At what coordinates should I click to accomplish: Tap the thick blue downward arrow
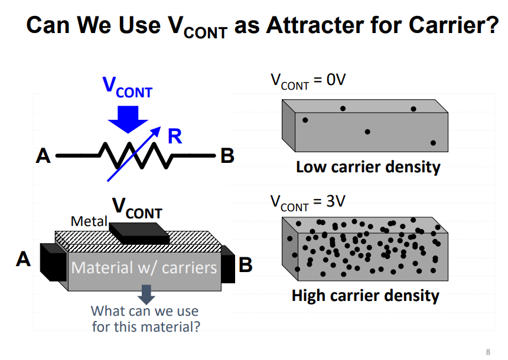[128, 119]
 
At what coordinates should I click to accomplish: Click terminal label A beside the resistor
[43, 156]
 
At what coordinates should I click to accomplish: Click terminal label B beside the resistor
[227, 156]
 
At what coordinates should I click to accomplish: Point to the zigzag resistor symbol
[135, 156]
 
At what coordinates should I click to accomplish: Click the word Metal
[89, 222]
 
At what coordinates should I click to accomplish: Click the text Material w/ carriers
[144, 268]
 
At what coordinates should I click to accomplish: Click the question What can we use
[145, 311]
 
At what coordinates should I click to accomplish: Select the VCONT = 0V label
[307, 81]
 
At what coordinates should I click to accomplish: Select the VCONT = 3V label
[307, 202]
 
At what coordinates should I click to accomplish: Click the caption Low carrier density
[368, 167]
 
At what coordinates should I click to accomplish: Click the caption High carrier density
[366, 295]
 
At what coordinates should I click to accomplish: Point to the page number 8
[487, 351]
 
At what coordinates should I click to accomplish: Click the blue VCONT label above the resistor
[128, 87]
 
